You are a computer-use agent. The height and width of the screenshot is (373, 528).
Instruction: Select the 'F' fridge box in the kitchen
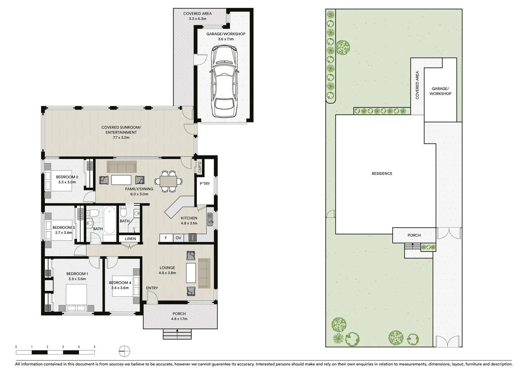click(x=166, y=238)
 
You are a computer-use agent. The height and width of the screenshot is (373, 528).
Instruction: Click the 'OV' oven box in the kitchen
click(x=178, y=238)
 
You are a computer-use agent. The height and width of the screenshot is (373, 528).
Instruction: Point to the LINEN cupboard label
click(x=130, y=239)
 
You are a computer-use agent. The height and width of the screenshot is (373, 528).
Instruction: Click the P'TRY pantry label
click(x=205, y=184)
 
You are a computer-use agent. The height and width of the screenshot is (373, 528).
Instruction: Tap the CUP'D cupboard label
click(x=200, y=168)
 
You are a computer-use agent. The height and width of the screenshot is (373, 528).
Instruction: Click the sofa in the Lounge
click(x=204, y=273)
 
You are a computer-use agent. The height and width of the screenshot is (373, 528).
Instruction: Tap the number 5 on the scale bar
click(x=94, y=347)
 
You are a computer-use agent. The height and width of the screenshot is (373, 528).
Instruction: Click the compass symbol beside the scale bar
click(x=124, y=351)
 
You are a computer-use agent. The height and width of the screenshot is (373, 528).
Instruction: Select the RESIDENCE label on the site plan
click(x=382, y=174)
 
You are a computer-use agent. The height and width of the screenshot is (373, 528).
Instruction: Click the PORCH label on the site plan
click(x=414, y=236)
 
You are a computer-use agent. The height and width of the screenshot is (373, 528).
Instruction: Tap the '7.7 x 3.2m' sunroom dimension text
click(x=121, y=137)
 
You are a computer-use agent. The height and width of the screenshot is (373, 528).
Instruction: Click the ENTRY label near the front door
click(x=152, y=288)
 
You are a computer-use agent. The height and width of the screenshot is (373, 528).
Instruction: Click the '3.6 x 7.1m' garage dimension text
click(x=226, y=39)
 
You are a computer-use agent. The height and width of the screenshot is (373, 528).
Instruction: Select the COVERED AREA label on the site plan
click(x=417, y=85)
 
